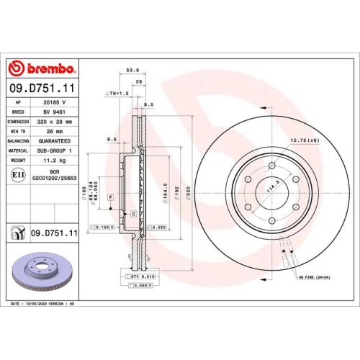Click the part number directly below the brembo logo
[41, 88]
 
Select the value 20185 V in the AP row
[56, 103]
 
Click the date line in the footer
[43, 305]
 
